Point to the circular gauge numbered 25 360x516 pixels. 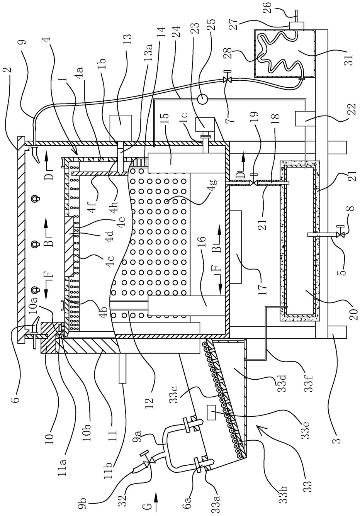203,99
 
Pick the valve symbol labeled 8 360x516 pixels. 339,235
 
